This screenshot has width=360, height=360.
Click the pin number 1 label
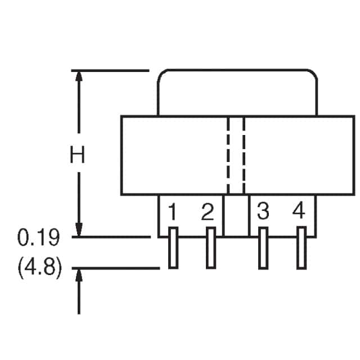[x=173, y=211]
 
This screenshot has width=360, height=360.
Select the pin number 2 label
[x=208, y=211]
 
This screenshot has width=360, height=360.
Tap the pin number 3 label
[x=263, y=211]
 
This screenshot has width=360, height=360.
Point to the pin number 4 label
[x=299, y=210]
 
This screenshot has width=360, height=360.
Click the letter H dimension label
[x=77, y=154]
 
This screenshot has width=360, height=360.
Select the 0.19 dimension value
[x=39, y=237]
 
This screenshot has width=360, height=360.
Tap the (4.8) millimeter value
[x=40, y=268]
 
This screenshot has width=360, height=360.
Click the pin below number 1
[x=173, y=247]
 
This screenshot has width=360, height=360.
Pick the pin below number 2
[x=211, y=247]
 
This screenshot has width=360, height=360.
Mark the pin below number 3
[x=263, y=248]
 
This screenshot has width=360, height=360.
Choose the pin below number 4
[x=301, y=247]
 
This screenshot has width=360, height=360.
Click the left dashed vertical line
[x=228, y=155]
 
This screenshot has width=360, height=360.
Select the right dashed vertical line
[x=244, y=155]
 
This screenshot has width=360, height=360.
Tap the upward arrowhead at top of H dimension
[x=79, y=76]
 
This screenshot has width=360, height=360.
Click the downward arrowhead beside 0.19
[x=79, y=229]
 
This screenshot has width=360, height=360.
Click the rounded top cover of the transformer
[x=237, y=70]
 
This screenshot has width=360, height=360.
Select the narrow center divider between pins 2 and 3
[x=236, y=215]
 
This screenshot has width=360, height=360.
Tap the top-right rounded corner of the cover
[x=314, y=74]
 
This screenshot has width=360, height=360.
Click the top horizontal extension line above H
[x=110, y=70]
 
